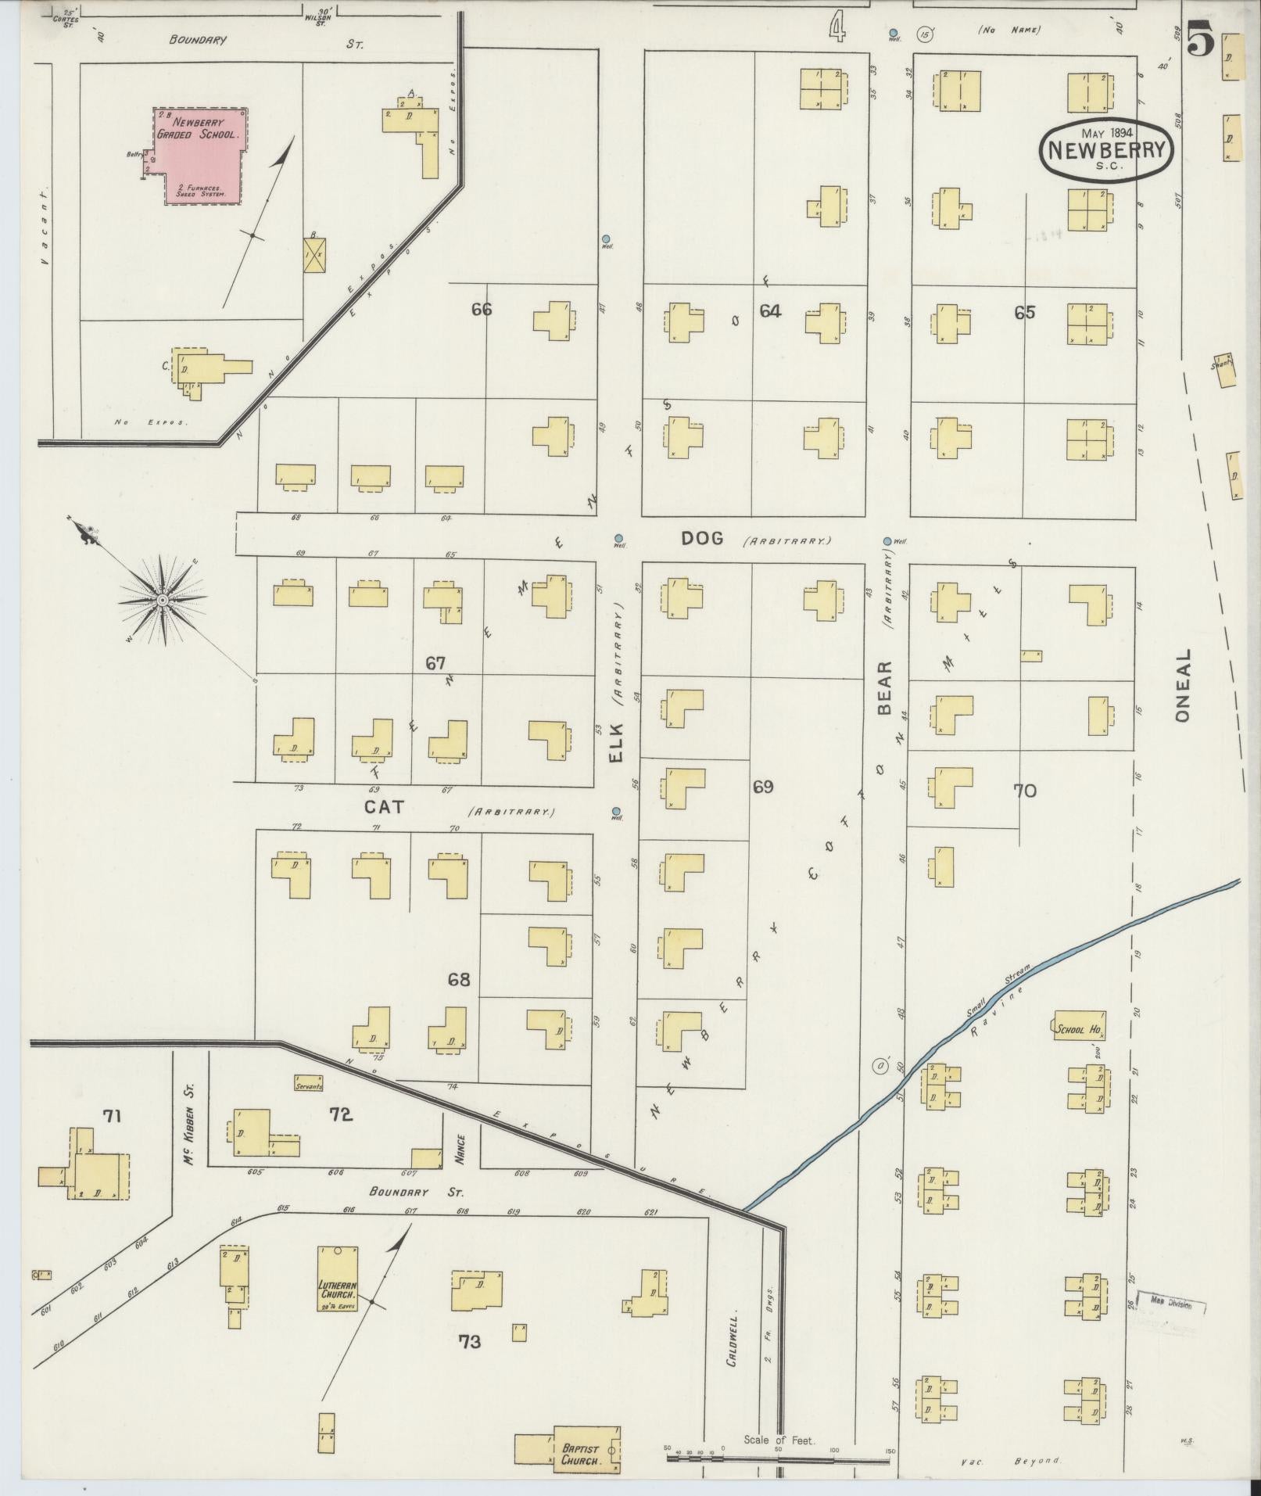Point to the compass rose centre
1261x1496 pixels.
[x=162, y=600]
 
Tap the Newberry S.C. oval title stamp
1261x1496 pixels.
[x=1107, y=151]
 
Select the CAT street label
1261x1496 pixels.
[x=384, y=806]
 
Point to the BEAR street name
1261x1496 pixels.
[x=884, y=689]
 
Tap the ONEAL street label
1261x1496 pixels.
[x=1181, y=686]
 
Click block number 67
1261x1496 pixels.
[x=435, y=664]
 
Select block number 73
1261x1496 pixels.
[x=469, y=1342]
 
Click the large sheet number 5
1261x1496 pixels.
[x=1202, y=39]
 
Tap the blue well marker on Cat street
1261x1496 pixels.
[x=616, y=811]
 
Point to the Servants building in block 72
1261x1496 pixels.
[x=308, y=1084]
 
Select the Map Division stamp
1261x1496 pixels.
[x=1171, y=1304]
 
